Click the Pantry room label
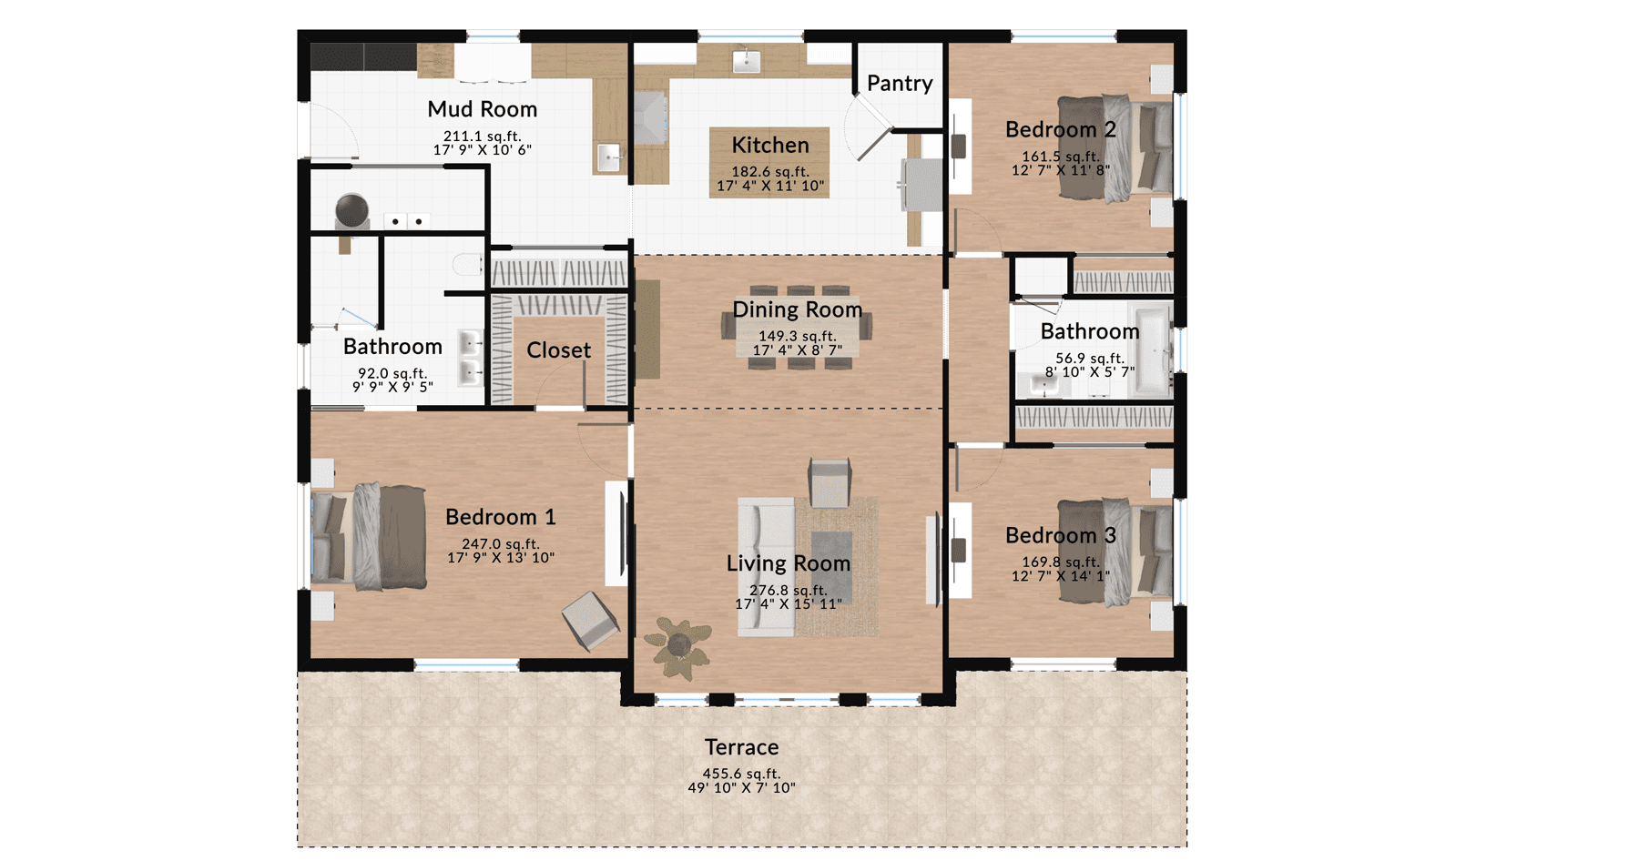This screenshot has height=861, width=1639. coord(900,84)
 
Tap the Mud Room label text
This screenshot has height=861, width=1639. coord(483,109)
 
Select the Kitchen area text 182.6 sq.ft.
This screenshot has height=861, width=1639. coord(770,171)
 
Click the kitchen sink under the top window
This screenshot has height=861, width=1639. coord(747,61)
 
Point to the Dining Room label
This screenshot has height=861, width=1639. coord(798,309)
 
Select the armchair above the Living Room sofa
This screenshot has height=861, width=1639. coord(830,482)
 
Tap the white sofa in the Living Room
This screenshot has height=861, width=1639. coord(766,566)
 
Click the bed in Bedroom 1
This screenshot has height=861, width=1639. coord(369,537)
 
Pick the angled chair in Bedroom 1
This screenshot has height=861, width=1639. coord(591,621)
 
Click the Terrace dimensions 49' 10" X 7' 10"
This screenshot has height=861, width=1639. coord(741,787)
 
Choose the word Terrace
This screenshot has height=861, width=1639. coord(741,747)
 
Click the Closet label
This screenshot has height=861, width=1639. coord(559,350)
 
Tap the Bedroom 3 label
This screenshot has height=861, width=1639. coord(1061,535)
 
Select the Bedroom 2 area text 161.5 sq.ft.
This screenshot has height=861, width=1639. coord(1061,157)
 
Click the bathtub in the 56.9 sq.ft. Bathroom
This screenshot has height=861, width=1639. coord(1151,351)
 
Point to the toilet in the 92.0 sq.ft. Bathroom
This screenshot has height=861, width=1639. coord(468,265)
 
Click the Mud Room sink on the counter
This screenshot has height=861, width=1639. coord(609,157)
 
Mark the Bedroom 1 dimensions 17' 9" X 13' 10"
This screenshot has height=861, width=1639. coord(501,558)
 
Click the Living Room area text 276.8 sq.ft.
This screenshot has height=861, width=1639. coord(789,590)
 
